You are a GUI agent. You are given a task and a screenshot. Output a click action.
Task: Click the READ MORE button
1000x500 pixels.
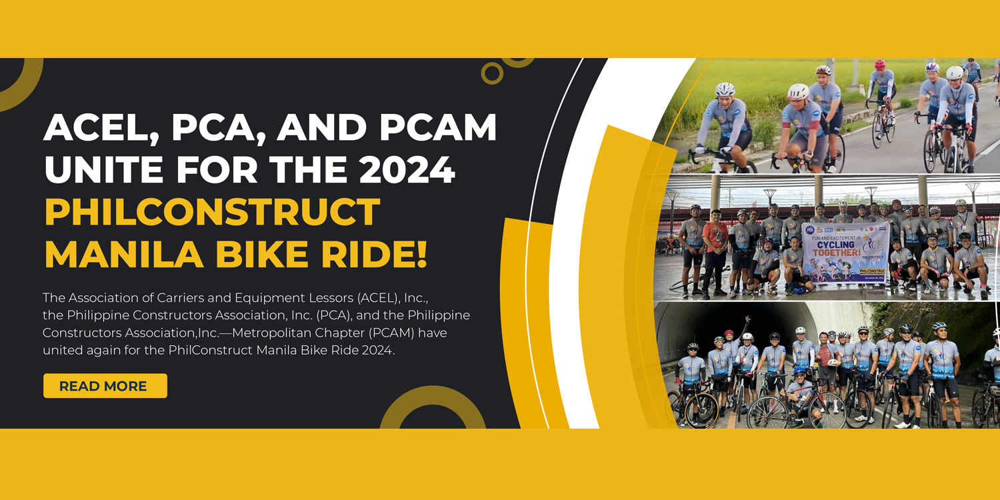pos(105,386)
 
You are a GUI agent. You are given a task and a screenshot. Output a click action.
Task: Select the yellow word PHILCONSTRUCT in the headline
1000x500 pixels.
pos(212,213)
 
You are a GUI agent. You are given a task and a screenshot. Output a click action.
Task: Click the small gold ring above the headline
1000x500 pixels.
pos(492,73)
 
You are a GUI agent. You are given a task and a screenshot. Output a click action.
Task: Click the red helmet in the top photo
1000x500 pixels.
pos(880,65)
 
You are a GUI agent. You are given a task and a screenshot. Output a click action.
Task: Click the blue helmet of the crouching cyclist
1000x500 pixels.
pos(800,370)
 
